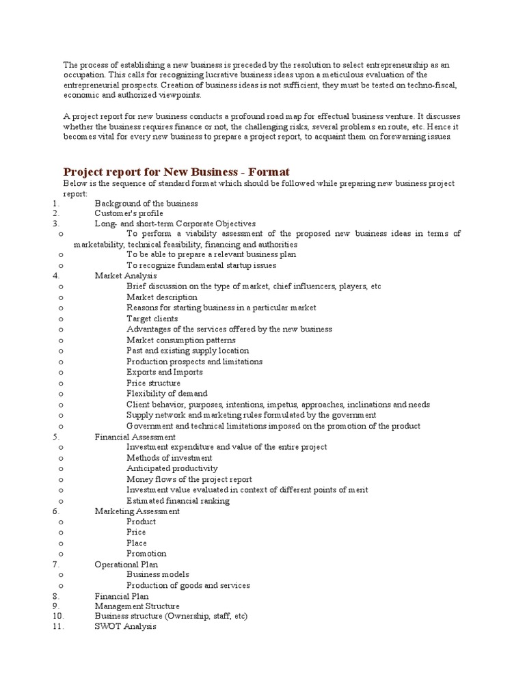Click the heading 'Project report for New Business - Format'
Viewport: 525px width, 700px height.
click(177, 172)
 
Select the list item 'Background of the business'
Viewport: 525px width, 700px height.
click(146, 203)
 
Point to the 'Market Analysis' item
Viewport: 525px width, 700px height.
click(126, 275)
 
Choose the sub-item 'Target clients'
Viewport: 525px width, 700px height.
click(152, 319)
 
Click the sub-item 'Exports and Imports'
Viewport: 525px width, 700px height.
click(164, 372)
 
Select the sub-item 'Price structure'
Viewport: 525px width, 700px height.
click(153, 383)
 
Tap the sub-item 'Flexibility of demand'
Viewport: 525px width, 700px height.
click(167, 394)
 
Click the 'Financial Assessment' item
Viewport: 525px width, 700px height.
click(135, 436)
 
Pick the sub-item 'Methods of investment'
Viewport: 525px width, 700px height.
click(169, 458)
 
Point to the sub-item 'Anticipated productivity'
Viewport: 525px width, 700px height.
click(172, 468)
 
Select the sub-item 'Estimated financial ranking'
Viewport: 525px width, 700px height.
click(178, 500)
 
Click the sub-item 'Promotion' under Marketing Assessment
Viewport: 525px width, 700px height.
click(146, 554)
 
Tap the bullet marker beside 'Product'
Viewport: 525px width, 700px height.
click(62, 522)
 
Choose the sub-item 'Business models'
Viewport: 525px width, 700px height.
click(158, 575)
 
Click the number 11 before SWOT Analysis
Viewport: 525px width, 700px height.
click(57, 627)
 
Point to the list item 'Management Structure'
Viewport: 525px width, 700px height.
click(137, 606)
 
